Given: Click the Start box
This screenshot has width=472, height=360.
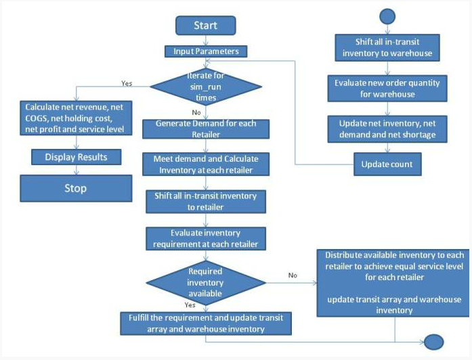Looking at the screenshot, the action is (x=206, y=26).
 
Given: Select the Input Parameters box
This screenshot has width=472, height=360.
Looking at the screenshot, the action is (x=206, y=51).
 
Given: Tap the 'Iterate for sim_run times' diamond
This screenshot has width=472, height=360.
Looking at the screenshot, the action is (x=206, y=87).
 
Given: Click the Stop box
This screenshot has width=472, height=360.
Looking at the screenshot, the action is (x=76, y=188).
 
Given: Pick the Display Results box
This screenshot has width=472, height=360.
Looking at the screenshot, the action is (x=76, y=157).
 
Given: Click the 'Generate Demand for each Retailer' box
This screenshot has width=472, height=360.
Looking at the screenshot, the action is (x=206, y=129).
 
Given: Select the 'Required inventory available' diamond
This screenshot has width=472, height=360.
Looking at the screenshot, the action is (x=206, y=283).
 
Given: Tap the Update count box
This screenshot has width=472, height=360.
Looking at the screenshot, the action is (x=387, y=164).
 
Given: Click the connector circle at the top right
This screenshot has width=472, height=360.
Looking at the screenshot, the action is (x=387, y=16).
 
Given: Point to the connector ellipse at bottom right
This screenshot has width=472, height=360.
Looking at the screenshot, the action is (x=434, y=342).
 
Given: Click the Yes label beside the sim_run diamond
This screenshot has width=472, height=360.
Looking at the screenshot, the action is (x=127, y=83).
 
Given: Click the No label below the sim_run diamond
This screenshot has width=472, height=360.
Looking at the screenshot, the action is (x=196, y=112).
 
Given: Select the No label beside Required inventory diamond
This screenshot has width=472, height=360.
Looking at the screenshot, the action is (x=293, y=275).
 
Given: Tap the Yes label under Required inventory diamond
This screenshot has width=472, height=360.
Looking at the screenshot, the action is (x=190, y=305).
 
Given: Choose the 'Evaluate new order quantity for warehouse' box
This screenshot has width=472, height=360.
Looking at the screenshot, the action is (x=387, y=89).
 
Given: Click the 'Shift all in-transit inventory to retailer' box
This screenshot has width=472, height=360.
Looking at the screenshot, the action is (x=206, y=202).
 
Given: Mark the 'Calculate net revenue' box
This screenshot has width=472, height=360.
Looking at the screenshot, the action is (x=76, y=118).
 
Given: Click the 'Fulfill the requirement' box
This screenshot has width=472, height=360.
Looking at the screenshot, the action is (x=206, y=323).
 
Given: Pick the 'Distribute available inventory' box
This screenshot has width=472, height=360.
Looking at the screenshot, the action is (x=393, y=283).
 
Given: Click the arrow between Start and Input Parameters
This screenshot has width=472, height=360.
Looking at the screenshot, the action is (x=206, y=41).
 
